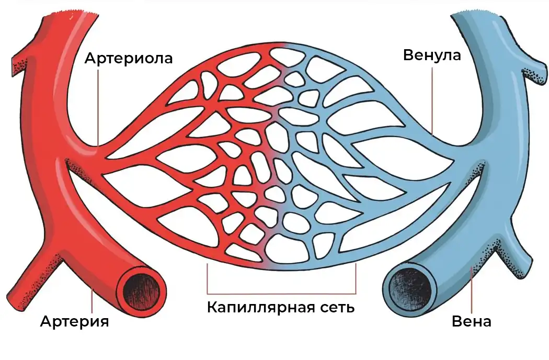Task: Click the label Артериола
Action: pyautogui.click(x=129, y=58)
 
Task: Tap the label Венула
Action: pyautogui.click(x=432, y=55)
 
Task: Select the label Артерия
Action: pyautogui.click(x=75, y=321)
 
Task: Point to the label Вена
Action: pyautogui.click(x=472, y=321)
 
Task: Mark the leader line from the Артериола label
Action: pyautogui.click(x=98, y=105)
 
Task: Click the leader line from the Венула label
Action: pyautogui.click(x=433, y=99)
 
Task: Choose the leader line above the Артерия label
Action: pyautogui.click(x=93, y=298)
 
